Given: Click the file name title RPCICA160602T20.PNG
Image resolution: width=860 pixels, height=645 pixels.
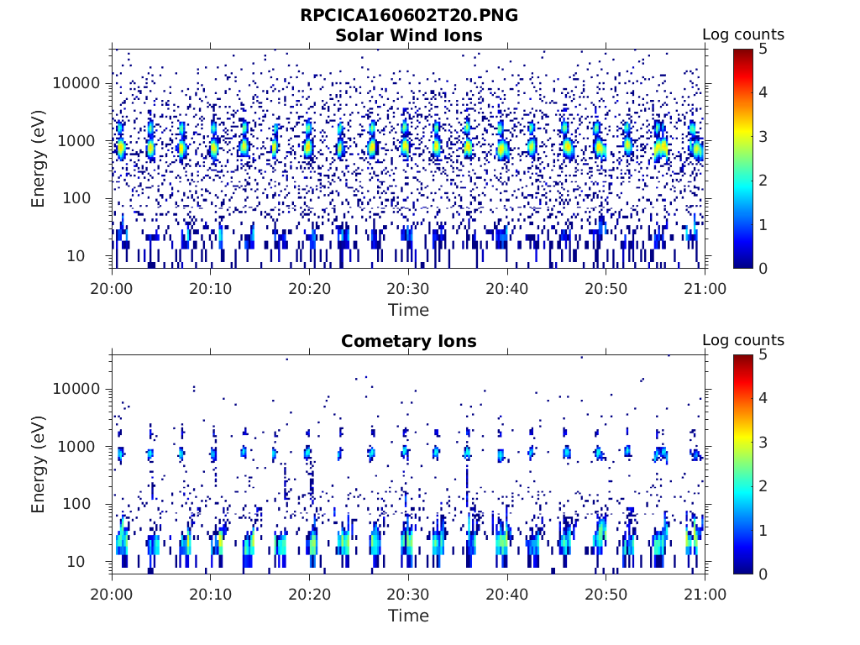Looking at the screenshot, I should pos(408,15).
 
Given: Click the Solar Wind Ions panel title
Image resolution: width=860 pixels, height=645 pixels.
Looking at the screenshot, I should pos(408,35).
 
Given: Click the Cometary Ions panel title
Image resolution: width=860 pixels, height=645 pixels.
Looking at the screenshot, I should pos(408,341).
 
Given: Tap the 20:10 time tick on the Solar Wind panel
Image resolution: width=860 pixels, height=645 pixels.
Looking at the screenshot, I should pos(211,287).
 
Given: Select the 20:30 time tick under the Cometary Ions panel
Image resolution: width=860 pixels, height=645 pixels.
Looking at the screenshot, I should pos(408,593).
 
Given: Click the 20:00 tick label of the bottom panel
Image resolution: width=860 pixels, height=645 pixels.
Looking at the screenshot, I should pos(113,593).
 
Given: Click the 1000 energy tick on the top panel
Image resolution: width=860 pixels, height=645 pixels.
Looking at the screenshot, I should pos(81,141).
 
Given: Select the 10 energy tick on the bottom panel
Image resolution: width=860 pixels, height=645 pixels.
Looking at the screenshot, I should pos(92,561).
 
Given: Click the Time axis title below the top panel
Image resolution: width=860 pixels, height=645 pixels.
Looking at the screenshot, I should pos(408,310).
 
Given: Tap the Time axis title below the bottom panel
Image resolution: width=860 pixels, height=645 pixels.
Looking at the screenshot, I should pos(408,616).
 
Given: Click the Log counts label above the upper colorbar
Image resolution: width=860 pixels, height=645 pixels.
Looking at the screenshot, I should pos(742,34).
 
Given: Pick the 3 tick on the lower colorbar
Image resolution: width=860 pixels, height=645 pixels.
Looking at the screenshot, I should pos(764,442).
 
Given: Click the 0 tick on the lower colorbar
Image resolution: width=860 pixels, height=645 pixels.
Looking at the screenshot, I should pos(764,574).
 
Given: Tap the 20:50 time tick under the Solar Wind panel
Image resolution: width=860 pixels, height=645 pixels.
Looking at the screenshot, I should pos(606,287).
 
